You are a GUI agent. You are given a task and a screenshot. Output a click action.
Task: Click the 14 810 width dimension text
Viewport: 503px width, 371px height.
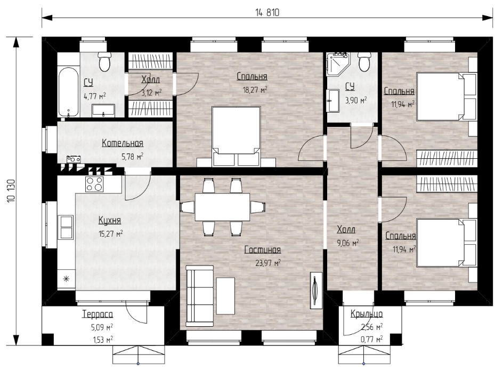pyautogui.click(x=267, y=12)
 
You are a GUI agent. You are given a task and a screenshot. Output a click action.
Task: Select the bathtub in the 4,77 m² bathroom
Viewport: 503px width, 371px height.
pyautogui.click(x=68, y=92)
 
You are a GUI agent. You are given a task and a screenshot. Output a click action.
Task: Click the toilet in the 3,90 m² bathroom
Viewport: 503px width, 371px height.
pyautogui.click(x=364, y=62)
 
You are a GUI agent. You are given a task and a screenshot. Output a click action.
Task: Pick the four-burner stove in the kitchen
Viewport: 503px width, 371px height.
pyautogui.click(x=94, y=184)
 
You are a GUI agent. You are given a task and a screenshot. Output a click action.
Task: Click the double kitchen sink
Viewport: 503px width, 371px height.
pyautogui.click(x=66, y=227)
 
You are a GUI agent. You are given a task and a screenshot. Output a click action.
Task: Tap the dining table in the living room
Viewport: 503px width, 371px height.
pyautogui.click(x=223, y=207)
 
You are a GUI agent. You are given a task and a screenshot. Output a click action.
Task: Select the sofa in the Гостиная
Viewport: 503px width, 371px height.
pyautogui.click(x=199, y=294)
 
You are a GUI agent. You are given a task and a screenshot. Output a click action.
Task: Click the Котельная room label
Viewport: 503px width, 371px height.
pyautogui.click(x=123, y=143)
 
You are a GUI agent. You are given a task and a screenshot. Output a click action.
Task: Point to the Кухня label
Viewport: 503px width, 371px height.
pyautogui.click(x=110, y=221)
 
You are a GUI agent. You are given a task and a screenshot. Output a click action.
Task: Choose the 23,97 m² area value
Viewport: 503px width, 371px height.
pyautogui.click(x=268, y=263)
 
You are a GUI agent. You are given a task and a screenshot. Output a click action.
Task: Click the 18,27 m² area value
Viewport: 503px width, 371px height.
pyautogui.click(x=255, y=90)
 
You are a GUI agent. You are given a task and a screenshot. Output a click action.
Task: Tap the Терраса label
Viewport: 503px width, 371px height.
pyautogui.click(x=98, y=314)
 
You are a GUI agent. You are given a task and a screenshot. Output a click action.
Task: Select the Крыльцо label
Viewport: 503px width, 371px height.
pyautogui.click(x=367, y=313)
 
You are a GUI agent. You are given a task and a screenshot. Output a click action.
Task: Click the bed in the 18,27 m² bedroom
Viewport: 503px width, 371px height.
pyautogui.click(x=236, y=136)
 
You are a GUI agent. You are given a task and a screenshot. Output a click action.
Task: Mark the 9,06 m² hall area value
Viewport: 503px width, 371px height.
pyautogui.click(x=348, y=243)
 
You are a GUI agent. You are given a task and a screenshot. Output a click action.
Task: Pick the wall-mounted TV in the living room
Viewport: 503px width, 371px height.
pyautogui.click(x=316, y=291)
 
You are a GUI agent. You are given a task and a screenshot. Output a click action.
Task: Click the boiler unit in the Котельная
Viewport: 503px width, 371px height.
pyautogui.click(x=74, y=159)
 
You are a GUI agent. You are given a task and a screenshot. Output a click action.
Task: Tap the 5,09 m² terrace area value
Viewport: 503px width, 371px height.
pyautogui.click(x=102, y=328)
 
